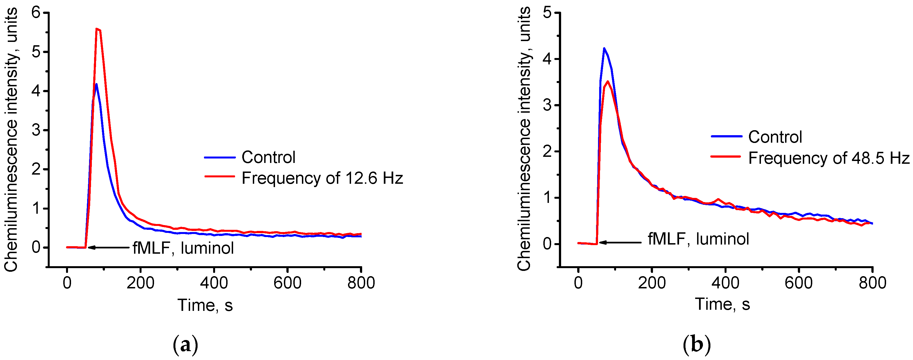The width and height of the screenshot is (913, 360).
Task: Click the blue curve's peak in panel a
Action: point(96,84)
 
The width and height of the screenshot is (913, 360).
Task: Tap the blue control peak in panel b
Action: point(604,49)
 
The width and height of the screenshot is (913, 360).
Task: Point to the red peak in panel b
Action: point(608,82)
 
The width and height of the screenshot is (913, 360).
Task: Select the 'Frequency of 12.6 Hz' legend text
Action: point(322,178)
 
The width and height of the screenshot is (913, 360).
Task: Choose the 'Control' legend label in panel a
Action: point(268,157)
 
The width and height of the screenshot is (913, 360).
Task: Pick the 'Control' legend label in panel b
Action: point(775,137)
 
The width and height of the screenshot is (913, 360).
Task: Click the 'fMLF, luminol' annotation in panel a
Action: point(183,248)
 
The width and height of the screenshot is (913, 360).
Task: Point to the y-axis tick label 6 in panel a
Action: point(36,13)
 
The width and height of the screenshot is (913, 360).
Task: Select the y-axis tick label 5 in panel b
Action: point(547,13)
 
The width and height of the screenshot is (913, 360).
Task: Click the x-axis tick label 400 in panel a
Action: point(214,283)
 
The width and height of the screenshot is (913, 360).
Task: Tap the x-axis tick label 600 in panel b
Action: point(798,283)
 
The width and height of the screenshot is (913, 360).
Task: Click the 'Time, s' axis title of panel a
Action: point(205,305)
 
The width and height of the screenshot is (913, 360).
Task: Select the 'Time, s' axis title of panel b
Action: point(722,304)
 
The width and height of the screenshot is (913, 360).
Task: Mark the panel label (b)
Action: point(697,344)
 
